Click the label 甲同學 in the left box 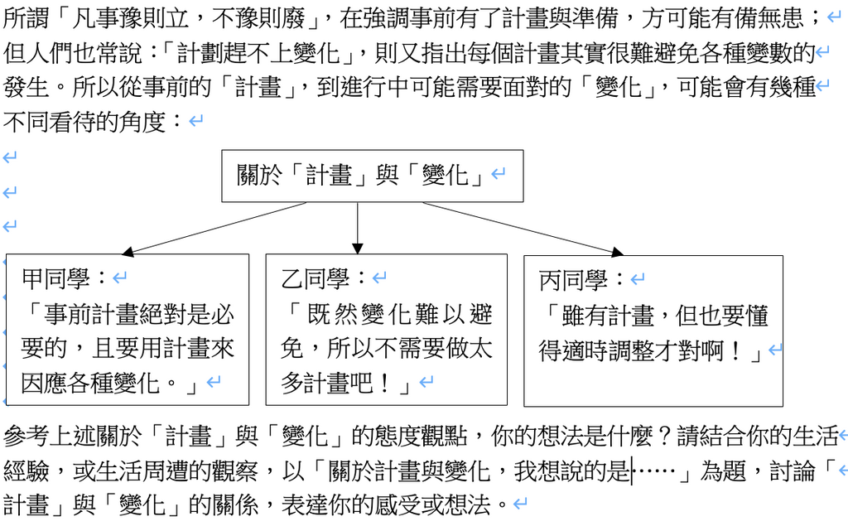(55, 278)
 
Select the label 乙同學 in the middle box (316, 278)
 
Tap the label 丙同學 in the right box (574, 280)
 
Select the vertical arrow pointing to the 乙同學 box (358, 228)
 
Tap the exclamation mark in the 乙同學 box (384, 384)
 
